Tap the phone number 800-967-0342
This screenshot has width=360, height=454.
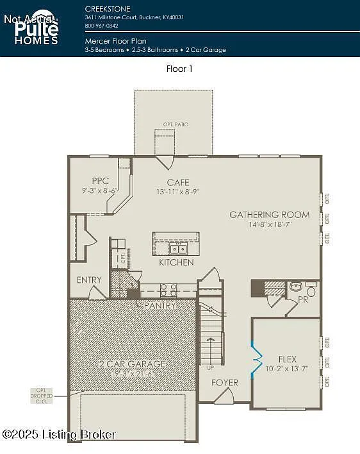[101, 26]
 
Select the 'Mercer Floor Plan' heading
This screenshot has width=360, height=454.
[115, 40]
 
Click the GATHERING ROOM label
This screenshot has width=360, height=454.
[269, 215]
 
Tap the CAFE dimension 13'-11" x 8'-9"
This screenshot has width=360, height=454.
[178, 192]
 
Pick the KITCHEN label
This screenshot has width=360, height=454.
[176, 262]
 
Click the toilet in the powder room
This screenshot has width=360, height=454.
[297, 287]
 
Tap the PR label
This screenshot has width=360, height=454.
[303, 299]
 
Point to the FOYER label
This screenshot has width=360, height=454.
[224, 383]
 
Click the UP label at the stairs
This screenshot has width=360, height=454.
[211, 368]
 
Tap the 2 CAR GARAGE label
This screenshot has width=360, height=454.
[132, 364]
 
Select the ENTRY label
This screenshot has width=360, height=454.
[89, 280]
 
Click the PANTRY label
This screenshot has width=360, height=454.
[158, 306]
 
